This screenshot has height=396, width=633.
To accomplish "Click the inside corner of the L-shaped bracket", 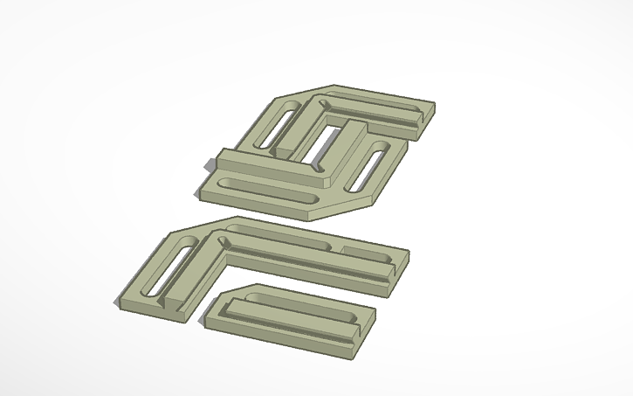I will (225, 259).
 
